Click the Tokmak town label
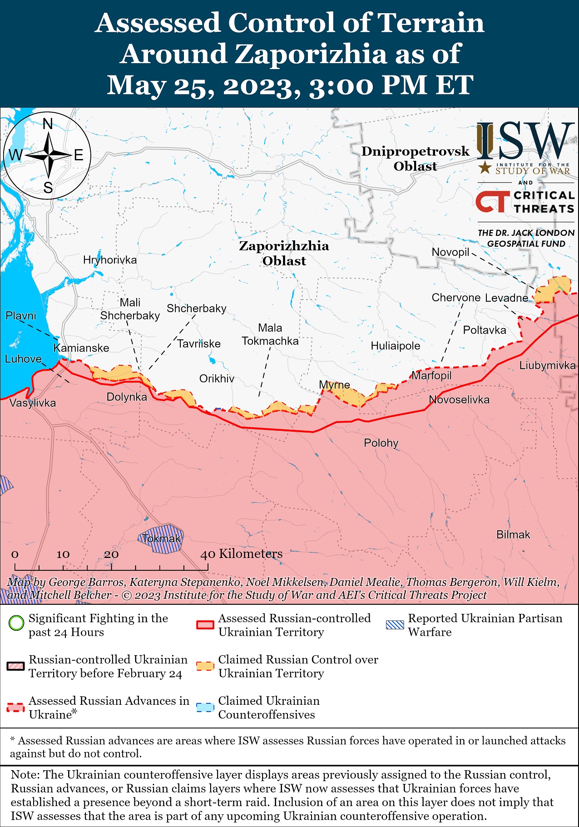coord(161,538)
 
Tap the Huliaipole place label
coord(395,346)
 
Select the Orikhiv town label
coord(217,379)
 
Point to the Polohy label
coord(381,443)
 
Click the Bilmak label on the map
coord(513,534)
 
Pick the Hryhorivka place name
coord(109,260)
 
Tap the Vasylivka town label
coord(33,403)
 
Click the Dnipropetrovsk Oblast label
coord(415,159)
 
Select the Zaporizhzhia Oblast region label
coord(284,253)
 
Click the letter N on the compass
coord(48,124)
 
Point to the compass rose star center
coord(48,155)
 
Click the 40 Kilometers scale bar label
coord(242,553)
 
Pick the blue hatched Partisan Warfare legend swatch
coord(394,624)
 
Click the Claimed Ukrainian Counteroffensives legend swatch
coord(205,707)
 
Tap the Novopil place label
coord(450,252)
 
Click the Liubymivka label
coord(547,365)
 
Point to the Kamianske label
coord(81,348)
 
